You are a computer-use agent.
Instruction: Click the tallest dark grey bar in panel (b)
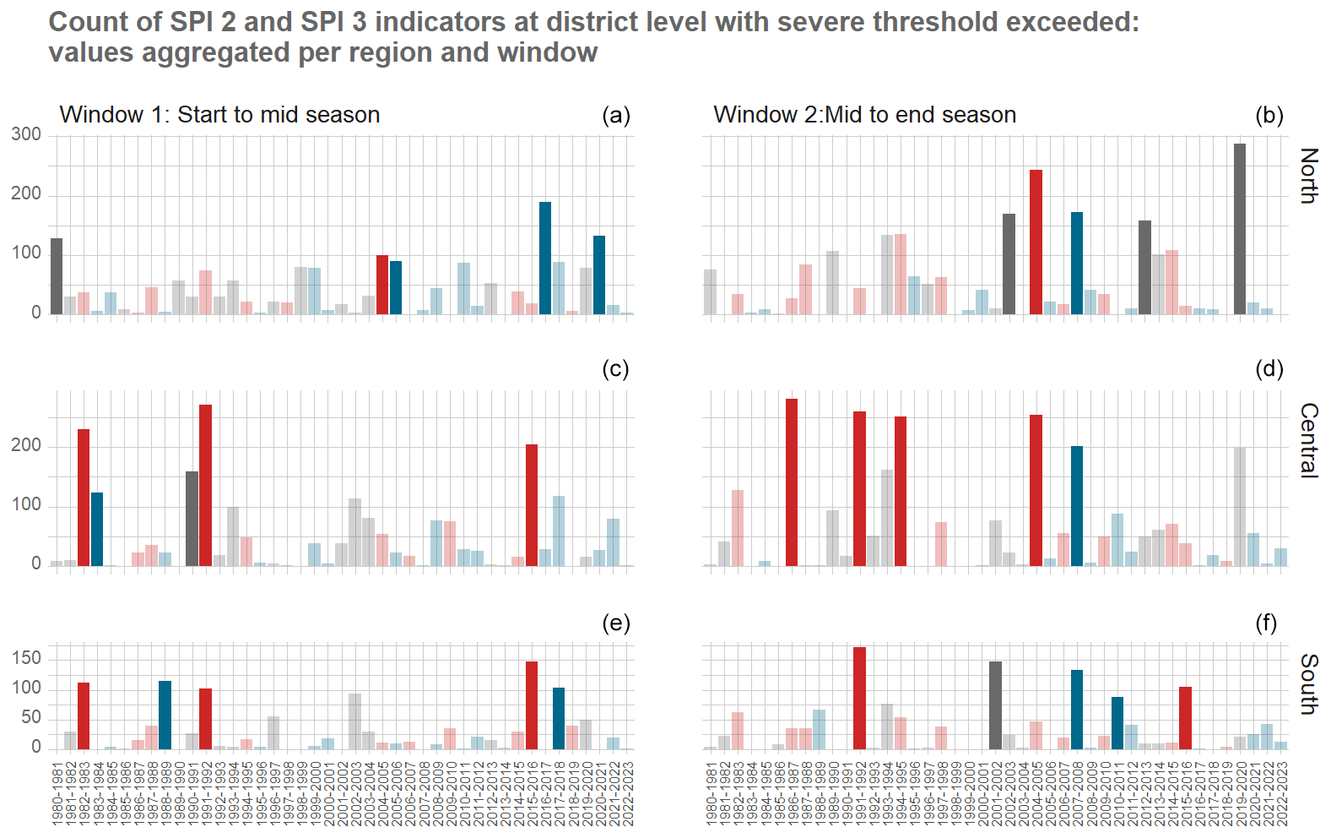(1239, 229)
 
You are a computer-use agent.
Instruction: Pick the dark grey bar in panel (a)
(57, 276)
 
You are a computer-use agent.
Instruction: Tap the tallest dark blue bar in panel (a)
(545, 258)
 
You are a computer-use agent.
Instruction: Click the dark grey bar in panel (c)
(192, 519)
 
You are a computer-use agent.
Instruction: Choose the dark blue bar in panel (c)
(97, 529)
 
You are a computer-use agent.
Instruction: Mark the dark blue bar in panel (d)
(1076, 506)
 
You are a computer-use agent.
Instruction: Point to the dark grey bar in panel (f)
(995, 705)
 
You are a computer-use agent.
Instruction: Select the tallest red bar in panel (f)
(859, 698)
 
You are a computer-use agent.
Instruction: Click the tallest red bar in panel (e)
(532, 705)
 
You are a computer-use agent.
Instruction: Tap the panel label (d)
(1269, 369)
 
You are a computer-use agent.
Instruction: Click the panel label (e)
(615, 623)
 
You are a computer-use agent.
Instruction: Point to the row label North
(1309, 176)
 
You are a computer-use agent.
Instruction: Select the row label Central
(1309, 440)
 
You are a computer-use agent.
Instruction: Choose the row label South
(1309, 683)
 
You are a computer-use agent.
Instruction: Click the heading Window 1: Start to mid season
(219, 115)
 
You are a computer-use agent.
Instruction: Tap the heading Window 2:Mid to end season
(864, 115)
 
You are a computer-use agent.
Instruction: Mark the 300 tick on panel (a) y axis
(26, 134)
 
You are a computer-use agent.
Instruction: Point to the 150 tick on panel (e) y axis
(26, 658)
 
